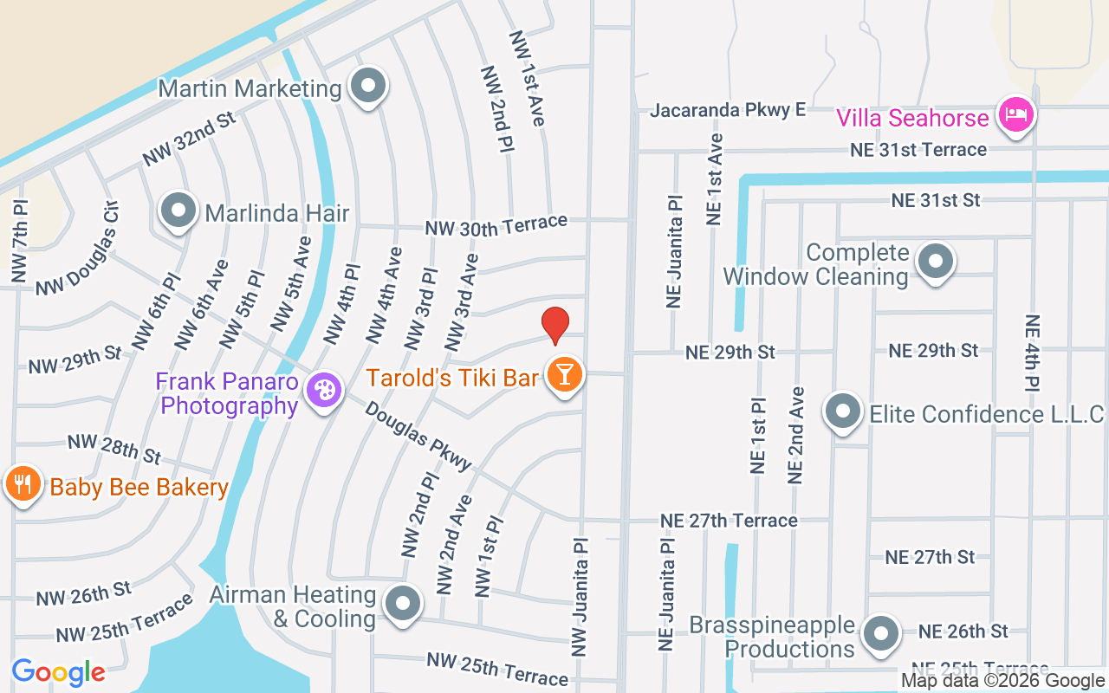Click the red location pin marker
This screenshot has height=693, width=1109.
pyautogui.click(x=555, y=325)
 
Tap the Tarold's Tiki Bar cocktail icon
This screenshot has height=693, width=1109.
pyautogui.click(x=565, y=375)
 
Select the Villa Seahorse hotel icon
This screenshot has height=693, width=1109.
pyautogui.click(x=1015, y=115)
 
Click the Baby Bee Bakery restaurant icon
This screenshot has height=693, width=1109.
pyautogui.click(x=23, y=484)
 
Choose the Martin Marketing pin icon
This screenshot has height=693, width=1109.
pyautogui.click(x=368, y=87)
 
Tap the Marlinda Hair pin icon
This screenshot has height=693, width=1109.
pyautogui.click(x=179, y=210)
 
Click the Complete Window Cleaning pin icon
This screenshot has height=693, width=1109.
pyautogui.click(x=935, y=261)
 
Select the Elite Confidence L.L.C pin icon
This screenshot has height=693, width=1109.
pyautogui.click(x=842, y=412)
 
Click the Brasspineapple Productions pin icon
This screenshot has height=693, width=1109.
pyautogui.click(x=881, y=633)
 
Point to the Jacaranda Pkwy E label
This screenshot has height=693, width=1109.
pyautogui.click(x=728, y=109)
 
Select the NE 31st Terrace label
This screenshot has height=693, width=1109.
pyautogui.click(x=918, y=149)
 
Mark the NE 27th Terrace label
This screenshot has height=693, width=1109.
pyautogui.click(x=729, y=520)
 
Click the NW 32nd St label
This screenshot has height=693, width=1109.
pyautogui.click(x=190, y=139)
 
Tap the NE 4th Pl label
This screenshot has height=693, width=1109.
pyautogui.click(x=1032, y=353)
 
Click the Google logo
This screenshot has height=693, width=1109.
pyautogui.click(x=58, y=671)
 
